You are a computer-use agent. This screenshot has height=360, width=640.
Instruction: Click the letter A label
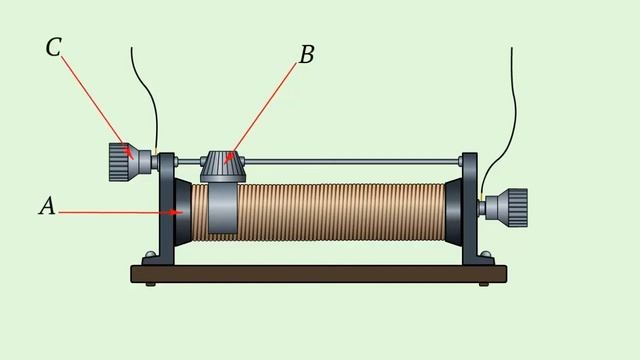[x=47, y=205]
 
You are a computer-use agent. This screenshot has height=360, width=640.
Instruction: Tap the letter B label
[x=307, y=54]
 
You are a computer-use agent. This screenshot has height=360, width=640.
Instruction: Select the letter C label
[x=53, y=47]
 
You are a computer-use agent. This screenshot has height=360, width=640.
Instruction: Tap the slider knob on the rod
[x=223, y=166]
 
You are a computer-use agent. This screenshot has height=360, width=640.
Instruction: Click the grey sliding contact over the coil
[x=223, y=208]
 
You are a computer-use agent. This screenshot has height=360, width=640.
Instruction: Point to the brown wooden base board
[x=319, y=273]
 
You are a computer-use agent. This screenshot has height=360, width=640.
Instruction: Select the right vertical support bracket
[x=473, y=209]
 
